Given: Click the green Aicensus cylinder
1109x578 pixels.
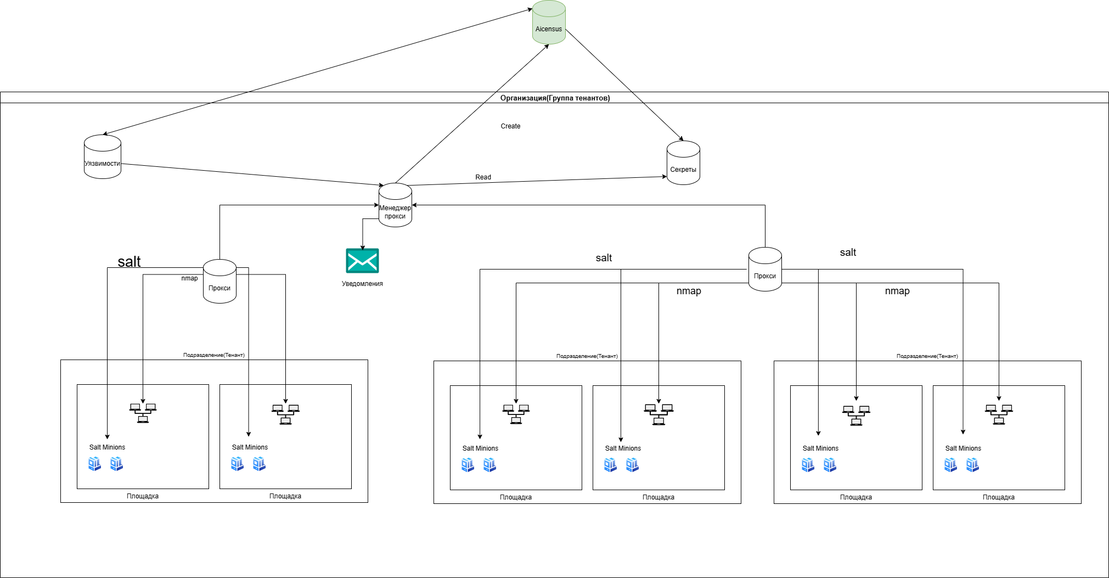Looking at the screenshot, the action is pos(549,23).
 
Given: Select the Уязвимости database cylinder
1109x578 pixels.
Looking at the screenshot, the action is pos(103,157).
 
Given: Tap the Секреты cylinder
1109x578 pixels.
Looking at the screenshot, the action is pos(683,163).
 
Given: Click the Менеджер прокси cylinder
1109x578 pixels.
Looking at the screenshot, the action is pos(395,205).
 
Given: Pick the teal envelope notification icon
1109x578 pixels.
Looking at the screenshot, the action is pos(362,261).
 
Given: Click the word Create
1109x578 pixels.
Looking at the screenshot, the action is pos(510,126).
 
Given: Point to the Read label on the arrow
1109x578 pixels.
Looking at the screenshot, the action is pos(483,177).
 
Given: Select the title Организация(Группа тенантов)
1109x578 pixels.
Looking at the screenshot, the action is pos(555,98).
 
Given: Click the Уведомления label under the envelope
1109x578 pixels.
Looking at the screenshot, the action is pos(362,284).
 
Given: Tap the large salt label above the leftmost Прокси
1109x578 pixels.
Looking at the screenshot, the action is pos(129,262).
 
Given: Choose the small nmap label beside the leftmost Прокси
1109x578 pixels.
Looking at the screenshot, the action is pos(189,278).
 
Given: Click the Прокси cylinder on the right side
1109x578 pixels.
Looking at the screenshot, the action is pos(765,270).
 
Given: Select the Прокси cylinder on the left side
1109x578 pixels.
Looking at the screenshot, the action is pos(219,282).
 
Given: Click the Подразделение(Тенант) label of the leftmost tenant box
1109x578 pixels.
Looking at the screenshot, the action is pos(214,355).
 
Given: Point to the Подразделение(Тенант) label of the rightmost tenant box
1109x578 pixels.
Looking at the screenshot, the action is pos(927,356).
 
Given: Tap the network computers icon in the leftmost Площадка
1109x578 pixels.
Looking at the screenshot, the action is pos(143,413).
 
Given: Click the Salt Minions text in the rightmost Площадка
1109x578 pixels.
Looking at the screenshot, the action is pos(963,448).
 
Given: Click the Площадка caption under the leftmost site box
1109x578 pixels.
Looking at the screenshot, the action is pos(143,496).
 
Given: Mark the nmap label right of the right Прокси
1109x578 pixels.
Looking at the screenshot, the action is pos(897,291).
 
